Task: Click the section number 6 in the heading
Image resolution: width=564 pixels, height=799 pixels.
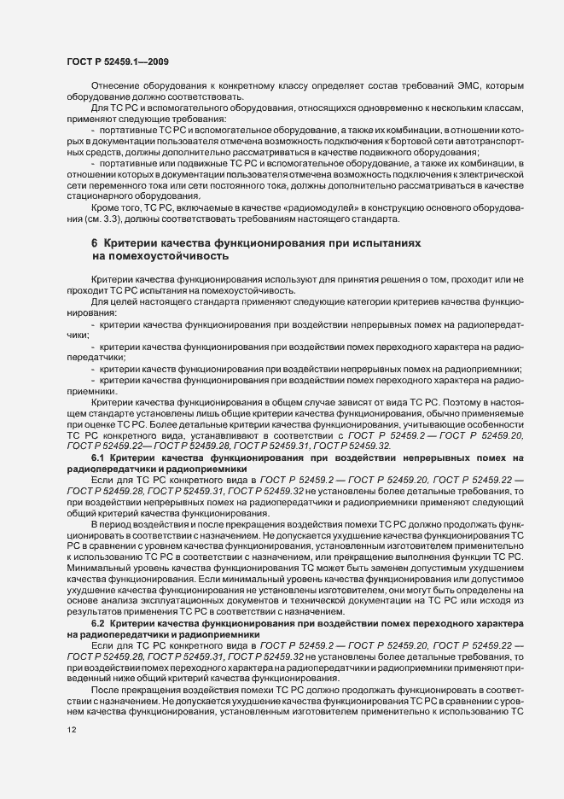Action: tap(95, 243)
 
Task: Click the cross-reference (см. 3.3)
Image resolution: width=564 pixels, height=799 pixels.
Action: tap(83, 219)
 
